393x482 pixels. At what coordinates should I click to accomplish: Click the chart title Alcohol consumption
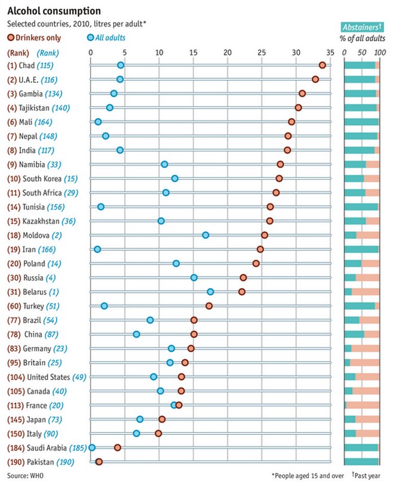tap(45, 11)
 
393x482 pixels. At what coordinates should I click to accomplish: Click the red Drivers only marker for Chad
tap(322, 65)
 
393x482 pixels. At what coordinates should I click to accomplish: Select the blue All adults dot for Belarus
tap(210, 291)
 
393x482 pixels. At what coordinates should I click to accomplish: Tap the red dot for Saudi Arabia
tap(117, 447)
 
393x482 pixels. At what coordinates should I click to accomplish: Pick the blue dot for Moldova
tap(205, 235)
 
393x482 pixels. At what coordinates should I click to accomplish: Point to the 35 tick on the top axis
tap(330, 52)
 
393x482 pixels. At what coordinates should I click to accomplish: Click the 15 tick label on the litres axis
tap(193, 52)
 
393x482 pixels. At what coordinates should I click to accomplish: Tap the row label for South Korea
tap(42, 178)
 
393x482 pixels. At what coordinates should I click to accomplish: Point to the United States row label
tap(48, 377)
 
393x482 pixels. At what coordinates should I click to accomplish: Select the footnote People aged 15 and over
tap(307, 475)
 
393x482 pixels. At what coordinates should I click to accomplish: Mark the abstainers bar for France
tap(362, 405)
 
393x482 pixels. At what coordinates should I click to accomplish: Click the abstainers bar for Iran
tap(362, 249)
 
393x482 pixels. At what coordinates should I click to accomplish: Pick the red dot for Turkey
tap(209, 306)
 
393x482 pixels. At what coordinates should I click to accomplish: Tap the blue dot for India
tap(120, 150)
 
